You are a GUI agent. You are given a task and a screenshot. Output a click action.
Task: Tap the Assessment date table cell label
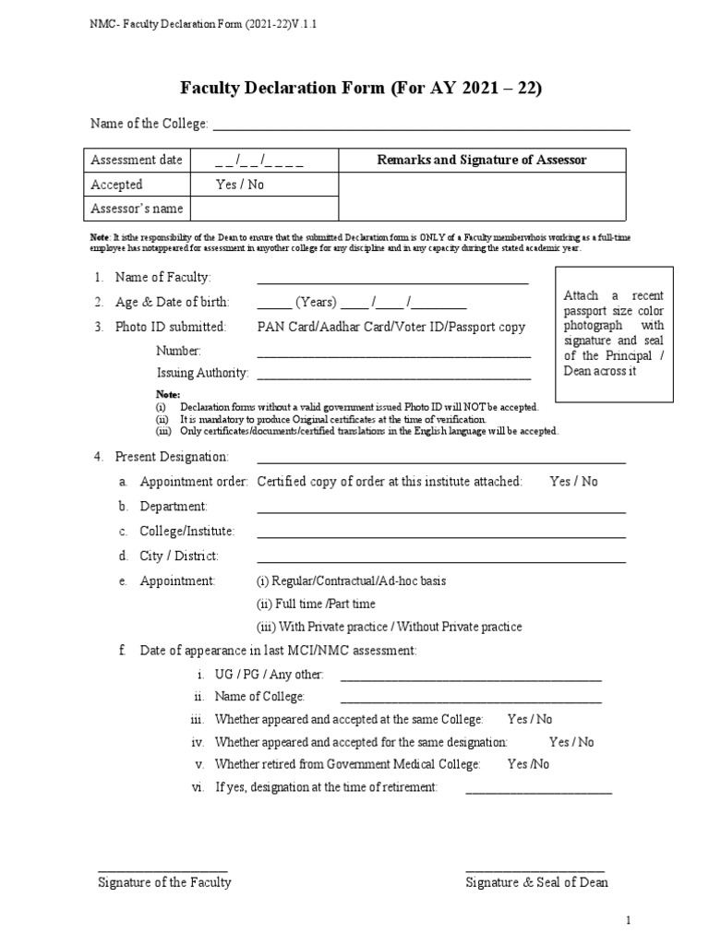137,161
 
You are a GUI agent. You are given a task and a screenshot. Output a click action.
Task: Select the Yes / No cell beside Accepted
239,185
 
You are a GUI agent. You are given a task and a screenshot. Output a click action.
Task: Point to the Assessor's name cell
137,209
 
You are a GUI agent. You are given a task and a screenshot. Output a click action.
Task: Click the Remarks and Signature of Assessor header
481,161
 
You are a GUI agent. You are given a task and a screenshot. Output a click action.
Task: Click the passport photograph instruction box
613,333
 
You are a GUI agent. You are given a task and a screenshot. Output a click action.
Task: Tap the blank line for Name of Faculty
392,281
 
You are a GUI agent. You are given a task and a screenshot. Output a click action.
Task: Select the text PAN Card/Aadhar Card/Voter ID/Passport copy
391,327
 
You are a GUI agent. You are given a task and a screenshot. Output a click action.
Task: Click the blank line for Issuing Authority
393,375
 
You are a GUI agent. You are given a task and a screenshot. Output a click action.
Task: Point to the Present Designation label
171,457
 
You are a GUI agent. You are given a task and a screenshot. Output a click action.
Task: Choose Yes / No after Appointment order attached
573,482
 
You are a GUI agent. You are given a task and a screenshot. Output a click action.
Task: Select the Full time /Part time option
316,604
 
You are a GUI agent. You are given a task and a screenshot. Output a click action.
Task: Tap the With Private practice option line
389,627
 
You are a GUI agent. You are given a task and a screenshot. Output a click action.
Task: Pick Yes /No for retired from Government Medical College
528,764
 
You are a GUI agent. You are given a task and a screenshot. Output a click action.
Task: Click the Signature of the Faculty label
164,882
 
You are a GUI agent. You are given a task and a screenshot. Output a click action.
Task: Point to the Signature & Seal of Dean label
536,882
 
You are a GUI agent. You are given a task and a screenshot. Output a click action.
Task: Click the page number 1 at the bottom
628,920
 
